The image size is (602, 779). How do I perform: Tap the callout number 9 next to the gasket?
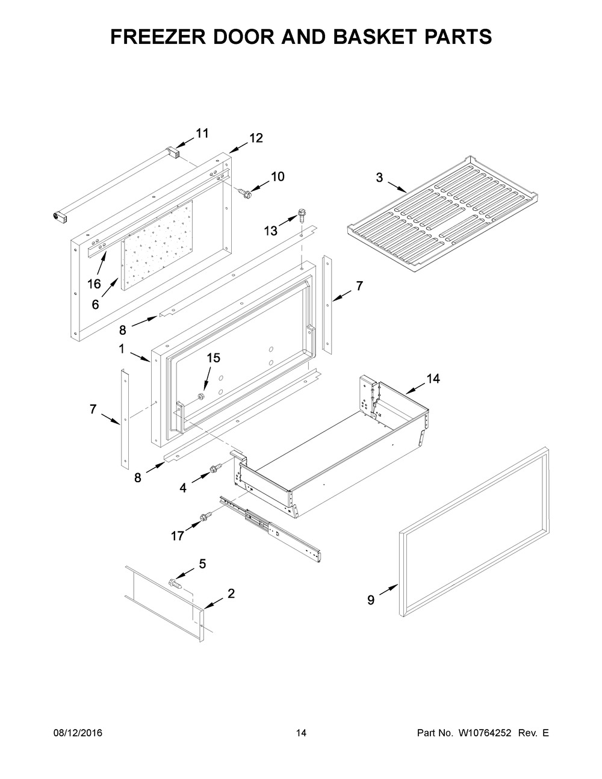(x=371, y=600)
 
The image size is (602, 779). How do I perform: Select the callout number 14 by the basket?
(x=433, y=379)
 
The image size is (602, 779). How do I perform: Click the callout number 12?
(x=256, y=138)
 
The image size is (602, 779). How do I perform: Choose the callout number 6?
(x=95, y=305)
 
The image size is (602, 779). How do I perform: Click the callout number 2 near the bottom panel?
(x=231, y=594)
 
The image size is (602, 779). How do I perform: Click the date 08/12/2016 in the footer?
(x=78, y=733)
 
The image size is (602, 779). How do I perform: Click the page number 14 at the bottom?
(x=301, y=733)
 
